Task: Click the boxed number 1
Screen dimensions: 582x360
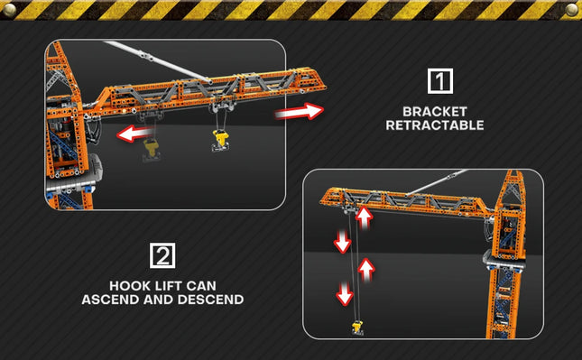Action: [x=440, y=81]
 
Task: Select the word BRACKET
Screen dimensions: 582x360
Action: [x=435, y=111]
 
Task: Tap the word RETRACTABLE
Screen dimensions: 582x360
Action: [x=435, y=125]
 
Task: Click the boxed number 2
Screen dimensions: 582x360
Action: [x=162, y=255]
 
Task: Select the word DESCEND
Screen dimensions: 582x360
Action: [x=211, y=300]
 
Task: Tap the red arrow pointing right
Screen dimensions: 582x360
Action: [x=300, y=111]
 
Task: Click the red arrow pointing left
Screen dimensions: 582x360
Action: [x=134, y=134]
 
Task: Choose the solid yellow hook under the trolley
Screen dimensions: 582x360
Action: [x=220, y=140]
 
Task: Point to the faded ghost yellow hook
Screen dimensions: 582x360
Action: [x=152, y=149]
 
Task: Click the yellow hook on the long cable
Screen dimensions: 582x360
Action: [x=357, y=328]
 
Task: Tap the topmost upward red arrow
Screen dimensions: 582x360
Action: [x=365, y=217]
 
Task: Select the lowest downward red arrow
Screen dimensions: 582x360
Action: [x=345, y=293]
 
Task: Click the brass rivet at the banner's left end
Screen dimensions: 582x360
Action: [x=9, y=10]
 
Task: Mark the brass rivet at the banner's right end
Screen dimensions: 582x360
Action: [x=572, y=10]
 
